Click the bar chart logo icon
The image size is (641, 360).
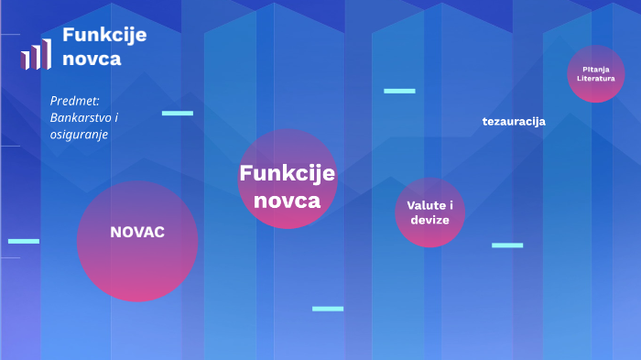tap(36, 55)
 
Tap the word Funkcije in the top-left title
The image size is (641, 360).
tap(104, 36)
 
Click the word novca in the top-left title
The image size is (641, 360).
tap(92, 60)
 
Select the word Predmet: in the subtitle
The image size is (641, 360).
tap(75, 101)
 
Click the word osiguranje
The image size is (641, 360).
tap(80, 134)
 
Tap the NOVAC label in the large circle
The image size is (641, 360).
tap(137, 233)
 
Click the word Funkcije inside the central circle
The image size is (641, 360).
tap(288, 173)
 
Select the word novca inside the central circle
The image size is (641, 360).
tap(288, 200)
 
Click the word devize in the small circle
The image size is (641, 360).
tap(429, 221)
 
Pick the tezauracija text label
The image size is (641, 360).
tap(514, 121)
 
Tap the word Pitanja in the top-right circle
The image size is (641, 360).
tap(596, 69)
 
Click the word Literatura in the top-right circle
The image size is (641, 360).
tap(596, 79)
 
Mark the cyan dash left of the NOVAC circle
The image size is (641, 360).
tap(24, 241)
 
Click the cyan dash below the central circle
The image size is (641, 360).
tap(328, 309)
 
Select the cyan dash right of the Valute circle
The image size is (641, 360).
tap(507, 245)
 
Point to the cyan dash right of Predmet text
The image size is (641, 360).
tap(178, 113)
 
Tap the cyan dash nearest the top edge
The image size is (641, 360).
tap(399, 91)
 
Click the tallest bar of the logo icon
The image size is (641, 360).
tap(46, 54)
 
